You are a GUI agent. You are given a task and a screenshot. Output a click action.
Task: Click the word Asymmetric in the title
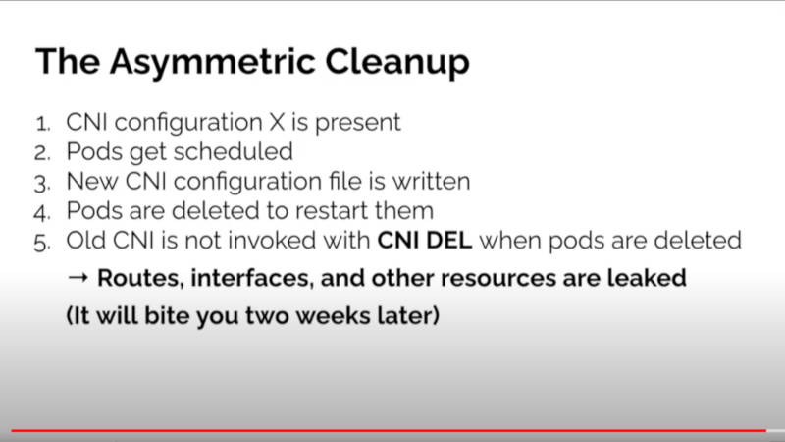[x=213, y=63]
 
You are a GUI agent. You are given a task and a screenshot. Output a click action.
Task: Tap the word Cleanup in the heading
[x=397, y=63]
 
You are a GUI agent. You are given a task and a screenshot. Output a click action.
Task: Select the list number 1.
[x=43, y=124]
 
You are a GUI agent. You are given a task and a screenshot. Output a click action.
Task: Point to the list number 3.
[x=42, y=184]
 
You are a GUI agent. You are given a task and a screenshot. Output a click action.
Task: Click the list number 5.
[x=42, y=243]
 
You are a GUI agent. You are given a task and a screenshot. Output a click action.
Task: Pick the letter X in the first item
[x=277, y=122]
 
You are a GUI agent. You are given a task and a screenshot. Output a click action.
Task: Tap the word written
[x=431, y=182]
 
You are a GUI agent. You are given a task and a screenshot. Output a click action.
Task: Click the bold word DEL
[x=447, y=241]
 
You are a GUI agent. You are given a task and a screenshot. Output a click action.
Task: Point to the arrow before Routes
[x=78, y=278]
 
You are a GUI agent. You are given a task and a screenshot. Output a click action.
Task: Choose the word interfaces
[x=252, y=279]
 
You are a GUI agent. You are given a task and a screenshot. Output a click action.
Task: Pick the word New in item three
[x=92, y=182]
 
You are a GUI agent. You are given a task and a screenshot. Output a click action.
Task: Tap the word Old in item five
[x=85, y=241]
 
